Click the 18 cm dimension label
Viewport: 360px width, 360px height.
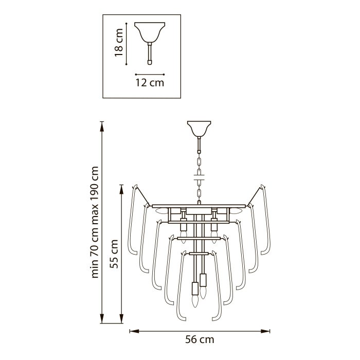[x=119, y=43]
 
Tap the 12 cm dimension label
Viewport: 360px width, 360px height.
[x=150, y=83]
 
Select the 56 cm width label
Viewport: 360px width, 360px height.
[x=200, y=339]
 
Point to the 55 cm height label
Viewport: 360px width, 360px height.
[x=114, y=254]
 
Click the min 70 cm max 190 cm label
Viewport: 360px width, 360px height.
[x=95, y=222]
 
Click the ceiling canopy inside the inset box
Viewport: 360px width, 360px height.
[x=150, y=32]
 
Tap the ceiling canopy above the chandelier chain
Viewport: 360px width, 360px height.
[x=199, y=129]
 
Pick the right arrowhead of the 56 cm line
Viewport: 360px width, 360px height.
[x=265, y=331]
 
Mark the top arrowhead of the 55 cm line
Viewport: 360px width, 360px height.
[x=121, y=189]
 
